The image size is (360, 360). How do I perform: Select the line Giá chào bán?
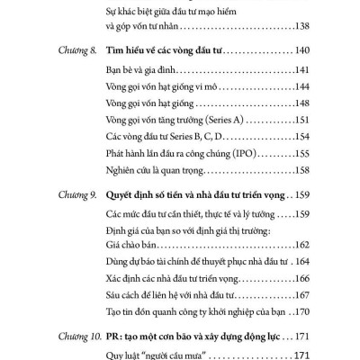136,244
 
